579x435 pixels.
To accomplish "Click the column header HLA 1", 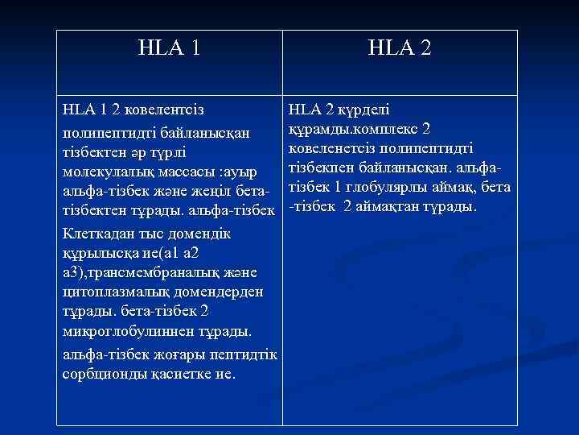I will tap(169, 49).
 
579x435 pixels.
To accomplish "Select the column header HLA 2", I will tap(400, 49).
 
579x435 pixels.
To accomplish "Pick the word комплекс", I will tap(384, 129).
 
